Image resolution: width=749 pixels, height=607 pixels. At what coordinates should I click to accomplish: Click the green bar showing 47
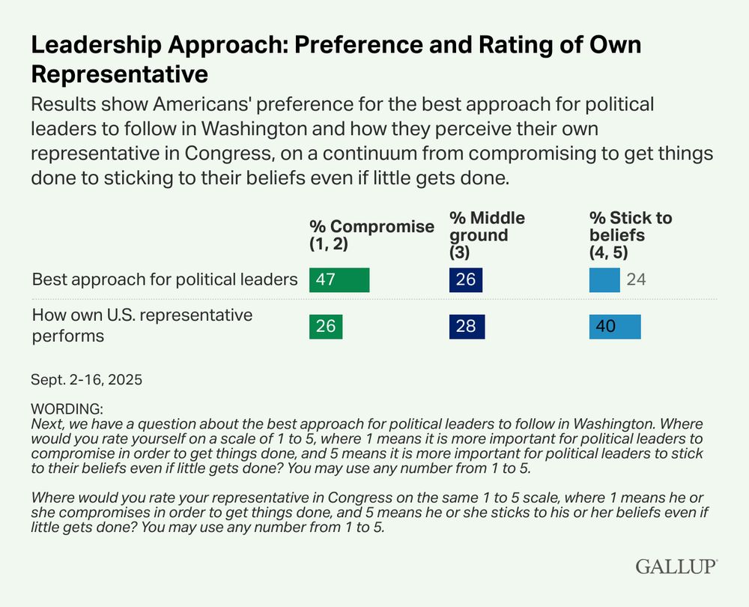(339, 280)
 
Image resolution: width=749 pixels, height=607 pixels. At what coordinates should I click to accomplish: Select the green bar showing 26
(326, 327)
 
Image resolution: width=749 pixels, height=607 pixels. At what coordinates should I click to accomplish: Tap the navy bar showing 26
(466, 280)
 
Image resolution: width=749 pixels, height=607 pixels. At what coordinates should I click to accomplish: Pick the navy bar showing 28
(467, 327)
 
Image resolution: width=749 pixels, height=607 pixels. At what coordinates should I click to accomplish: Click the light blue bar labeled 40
(615, 327)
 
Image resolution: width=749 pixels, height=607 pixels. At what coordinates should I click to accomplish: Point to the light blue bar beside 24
(604, 280)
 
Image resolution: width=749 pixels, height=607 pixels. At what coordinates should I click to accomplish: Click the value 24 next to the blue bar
(636, 280)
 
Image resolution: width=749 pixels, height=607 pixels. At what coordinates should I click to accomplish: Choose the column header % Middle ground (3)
(487, 235)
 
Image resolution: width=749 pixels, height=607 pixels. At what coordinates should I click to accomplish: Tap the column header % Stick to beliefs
(631, 235)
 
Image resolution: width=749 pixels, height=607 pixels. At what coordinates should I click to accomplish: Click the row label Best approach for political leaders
(165, 280)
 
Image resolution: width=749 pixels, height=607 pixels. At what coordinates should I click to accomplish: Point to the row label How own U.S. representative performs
(142, 325)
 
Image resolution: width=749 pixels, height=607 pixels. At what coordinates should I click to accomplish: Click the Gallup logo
(676, 566)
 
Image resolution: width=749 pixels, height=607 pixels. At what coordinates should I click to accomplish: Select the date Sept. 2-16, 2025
(87, 379)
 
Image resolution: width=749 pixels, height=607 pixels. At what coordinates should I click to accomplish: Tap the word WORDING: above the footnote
(67, 409)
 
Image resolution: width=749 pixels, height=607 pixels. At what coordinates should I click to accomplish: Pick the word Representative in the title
(119, 75)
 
